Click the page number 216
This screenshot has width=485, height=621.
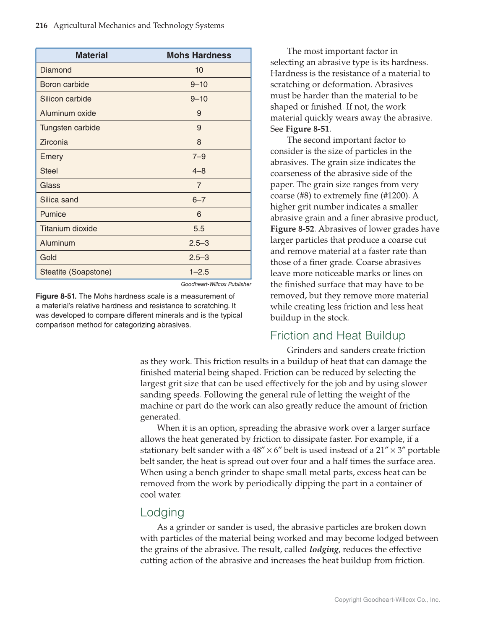pos(42,26)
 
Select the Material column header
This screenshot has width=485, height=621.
pos(91,55)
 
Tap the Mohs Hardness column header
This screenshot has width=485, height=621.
pos(199,55)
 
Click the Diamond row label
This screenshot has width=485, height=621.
pos(56,70)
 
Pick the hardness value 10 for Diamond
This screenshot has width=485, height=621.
pos(199,70)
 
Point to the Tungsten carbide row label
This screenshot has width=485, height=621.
pos(70,128)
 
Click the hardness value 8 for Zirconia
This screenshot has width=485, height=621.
pos(199,142)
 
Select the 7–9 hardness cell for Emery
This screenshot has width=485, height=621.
pos(199,157)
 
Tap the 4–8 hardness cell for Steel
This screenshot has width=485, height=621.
pos(199,171)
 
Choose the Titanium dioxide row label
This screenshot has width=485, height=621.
pos(68,228)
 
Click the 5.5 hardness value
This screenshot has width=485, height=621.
pos(199,228)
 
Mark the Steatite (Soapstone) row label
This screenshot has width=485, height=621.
pos(76,272)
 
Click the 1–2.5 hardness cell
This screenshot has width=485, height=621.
pos(199,272)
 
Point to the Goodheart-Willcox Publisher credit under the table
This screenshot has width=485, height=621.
pos(216,284)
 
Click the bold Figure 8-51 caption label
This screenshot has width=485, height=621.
pos(56,296)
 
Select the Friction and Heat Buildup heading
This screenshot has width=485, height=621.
pos(338,335)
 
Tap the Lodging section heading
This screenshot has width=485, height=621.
pos(162,512)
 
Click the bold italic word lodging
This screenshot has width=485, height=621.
pos(323,549)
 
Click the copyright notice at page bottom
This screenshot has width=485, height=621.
pos(387,600)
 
